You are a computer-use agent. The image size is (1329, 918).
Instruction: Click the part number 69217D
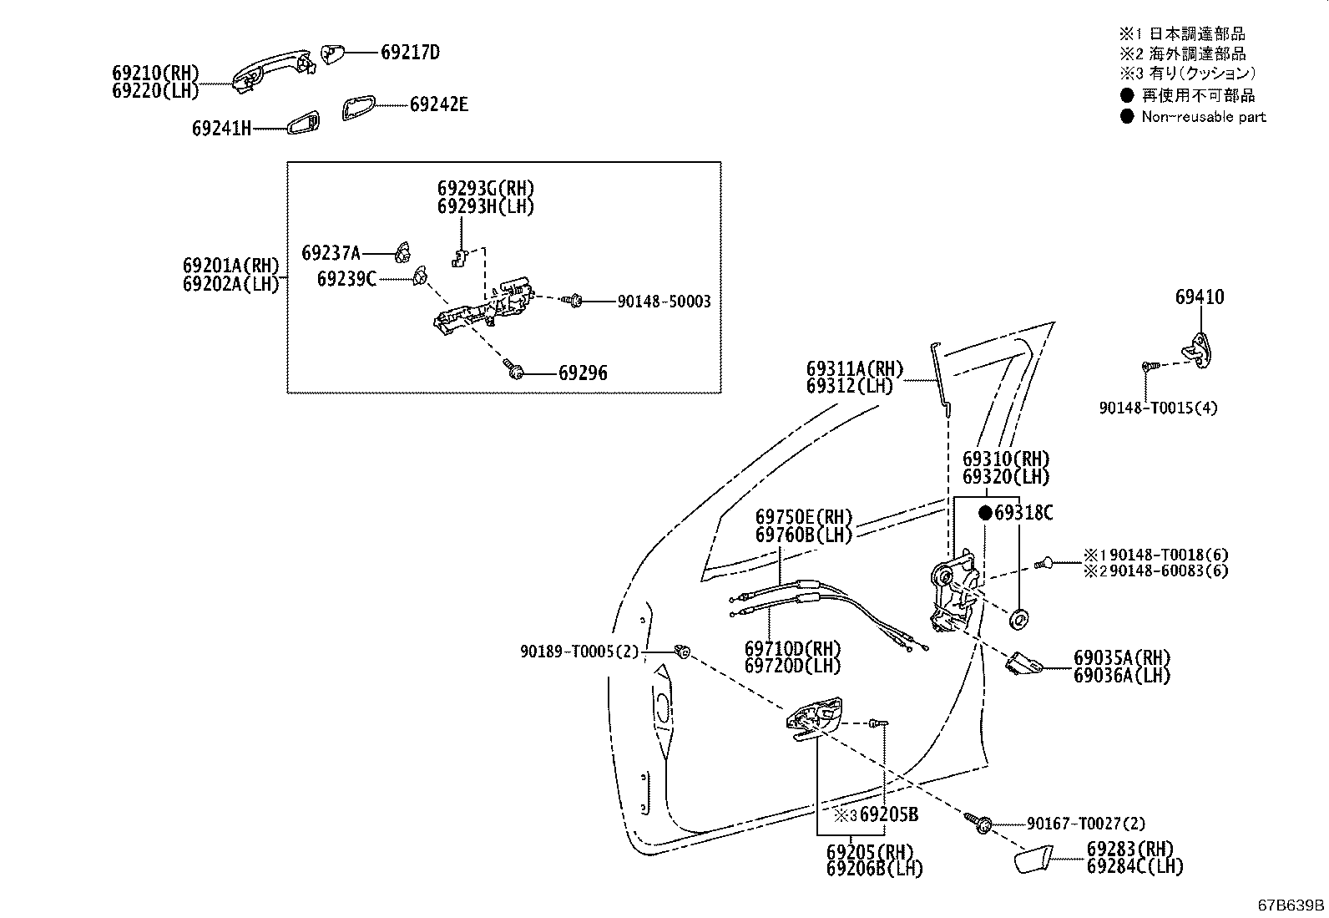410,53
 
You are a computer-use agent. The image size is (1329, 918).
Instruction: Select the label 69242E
439,104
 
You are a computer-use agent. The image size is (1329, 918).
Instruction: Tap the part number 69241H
221,129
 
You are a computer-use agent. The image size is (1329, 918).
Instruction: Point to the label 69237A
331,253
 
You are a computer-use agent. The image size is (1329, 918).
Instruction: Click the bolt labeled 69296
513,369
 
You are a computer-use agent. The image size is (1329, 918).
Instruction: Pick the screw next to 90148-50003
574,301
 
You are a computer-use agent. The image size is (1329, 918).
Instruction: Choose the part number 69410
1200,297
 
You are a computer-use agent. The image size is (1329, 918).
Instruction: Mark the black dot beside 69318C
985,513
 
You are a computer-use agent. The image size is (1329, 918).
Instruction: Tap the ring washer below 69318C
1018,619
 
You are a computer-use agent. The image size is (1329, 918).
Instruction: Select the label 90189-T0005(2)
579,652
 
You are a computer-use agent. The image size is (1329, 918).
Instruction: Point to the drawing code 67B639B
1291,905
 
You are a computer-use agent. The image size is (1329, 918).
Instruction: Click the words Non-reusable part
1204,117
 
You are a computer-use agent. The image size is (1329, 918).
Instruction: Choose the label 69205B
889,814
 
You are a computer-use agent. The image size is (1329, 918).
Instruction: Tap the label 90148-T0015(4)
1158,408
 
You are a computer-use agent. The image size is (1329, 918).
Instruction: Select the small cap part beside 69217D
331,53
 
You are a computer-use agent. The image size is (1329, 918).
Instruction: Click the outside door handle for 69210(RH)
273,71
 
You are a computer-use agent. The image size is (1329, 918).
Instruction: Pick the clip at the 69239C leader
421,276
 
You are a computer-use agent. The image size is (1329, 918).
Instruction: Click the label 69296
584,373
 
